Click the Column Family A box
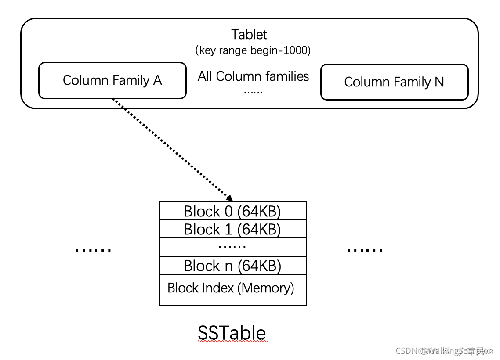tap(112, 80)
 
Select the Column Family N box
tap(394, 82)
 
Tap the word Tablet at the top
tap(249, 35)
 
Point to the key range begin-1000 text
tap(253, 50)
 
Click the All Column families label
tap(253, 76)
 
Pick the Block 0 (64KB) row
tap(232, 211)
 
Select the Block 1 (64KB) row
tap(232, 229)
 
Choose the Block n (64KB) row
tap(232, 266)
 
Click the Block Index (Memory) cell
tap(231, 288)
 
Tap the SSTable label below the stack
tap(232, 333)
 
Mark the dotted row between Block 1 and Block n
tap(232, 247)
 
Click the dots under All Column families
tap(253, 92)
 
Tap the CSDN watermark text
tap(444, 351)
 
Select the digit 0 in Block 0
tap(228, 211)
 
